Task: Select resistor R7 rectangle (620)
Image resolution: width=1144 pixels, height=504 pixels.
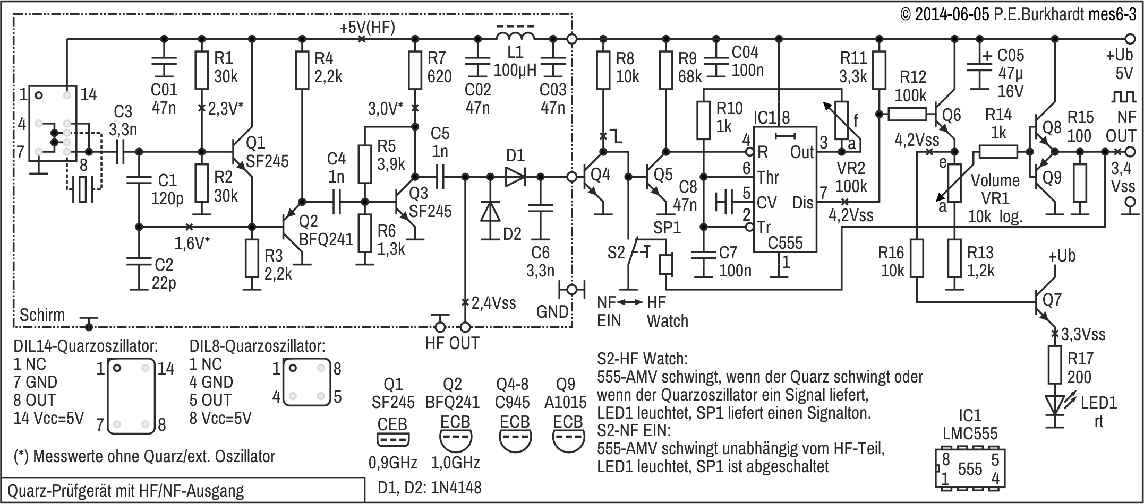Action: [x=415, y=70]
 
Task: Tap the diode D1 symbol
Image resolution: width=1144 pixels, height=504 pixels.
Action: [x=514, y=177]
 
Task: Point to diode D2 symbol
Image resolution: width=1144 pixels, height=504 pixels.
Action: [x=490, y=212]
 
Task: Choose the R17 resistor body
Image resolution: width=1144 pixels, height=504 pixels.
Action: [x=1055, y=364]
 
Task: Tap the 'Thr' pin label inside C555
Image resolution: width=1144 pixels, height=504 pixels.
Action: [x=768, y=177]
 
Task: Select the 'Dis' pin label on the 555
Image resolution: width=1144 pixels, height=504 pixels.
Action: [x=802, y=203]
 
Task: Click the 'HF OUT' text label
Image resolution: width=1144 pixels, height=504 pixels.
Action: [x=453, y=343]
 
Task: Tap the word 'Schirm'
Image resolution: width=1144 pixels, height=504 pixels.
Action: [x=42, y=315]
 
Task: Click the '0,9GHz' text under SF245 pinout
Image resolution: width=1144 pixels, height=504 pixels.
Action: [x=393, y=463]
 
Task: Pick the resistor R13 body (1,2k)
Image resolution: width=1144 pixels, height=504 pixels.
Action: [x=954, y=258]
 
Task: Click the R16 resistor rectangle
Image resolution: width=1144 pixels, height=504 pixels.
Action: [x=917, y=258]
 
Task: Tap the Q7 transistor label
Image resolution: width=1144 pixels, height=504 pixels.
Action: [x=1052, y=300]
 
